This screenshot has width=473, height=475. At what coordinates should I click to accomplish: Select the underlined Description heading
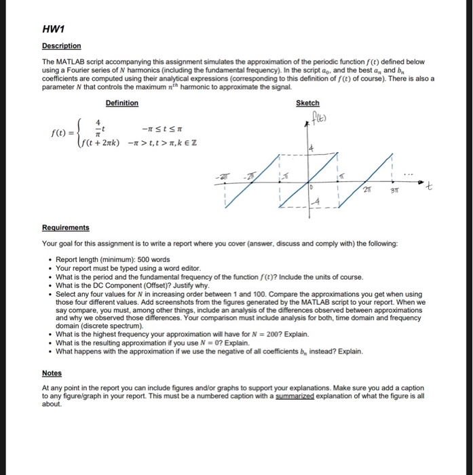tap(62, 46)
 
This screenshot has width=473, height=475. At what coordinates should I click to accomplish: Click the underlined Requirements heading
tap(66, 228)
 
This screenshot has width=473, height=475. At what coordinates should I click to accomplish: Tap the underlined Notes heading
tap(52, 373)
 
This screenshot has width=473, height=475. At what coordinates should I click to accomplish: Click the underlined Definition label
tap(122, 103)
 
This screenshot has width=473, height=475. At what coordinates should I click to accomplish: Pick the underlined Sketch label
tap(307, 103)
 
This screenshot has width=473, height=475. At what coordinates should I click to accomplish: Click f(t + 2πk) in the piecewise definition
tap(100, 143)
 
